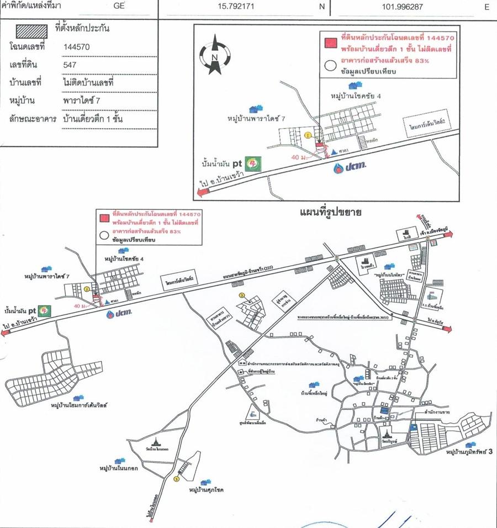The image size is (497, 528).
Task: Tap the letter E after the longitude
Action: (487, 7)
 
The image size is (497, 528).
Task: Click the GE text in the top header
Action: (118, 7)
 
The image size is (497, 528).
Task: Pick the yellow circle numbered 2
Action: (241, 295)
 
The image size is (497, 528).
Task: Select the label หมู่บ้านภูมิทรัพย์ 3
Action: (468, 453)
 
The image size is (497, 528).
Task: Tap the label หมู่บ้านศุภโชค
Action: (209, 489)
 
